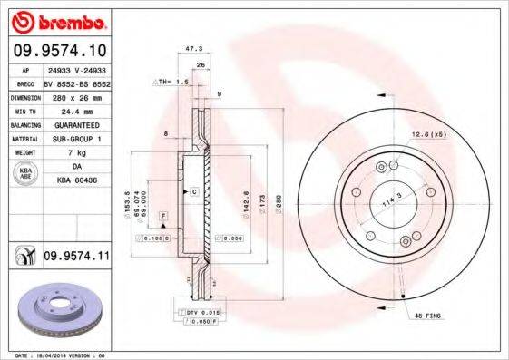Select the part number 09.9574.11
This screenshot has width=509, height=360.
pos(76,258)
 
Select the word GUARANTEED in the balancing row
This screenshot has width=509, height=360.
pos(75,124)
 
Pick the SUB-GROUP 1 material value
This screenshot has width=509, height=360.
pos(75,139)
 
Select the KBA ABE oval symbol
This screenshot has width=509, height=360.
pos(26,174)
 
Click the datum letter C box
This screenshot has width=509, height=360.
pos(193,193)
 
